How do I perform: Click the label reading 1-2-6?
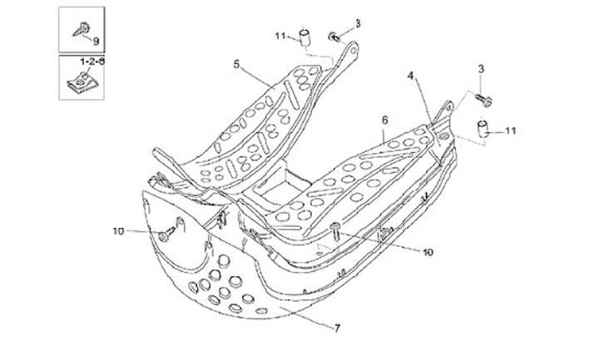92,62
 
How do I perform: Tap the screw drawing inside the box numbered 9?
84,27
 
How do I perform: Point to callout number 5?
237,64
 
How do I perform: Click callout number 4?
410,76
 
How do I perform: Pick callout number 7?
337,328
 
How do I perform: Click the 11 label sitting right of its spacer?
510,131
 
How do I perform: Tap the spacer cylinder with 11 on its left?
305,35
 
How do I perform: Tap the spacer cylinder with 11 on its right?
482,128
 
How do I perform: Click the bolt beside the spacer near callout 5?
334,36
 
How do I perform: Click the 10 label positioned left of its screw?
117,230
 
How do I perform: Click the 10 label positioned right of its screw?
428,251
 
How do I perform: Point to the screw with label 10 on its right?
335,230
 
